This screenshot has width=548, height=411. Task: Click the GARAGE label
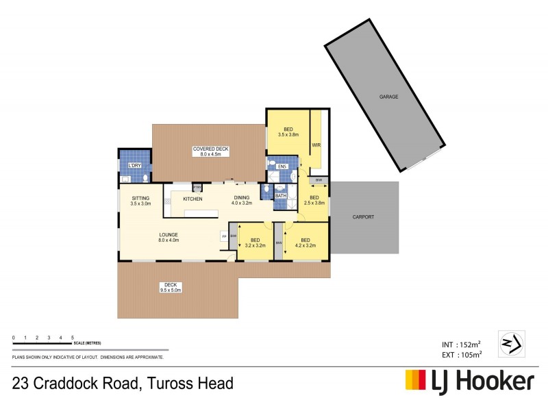(x=388, y=97)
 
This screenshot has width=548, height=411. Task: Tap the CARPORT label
(x=364, y=216)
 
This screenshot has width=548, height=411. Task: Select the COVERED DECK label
(x=210, y=149)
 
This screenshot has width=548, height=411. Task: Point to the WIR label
(x=316, y=145)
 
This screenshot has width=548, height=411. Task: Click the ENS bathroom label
(x=281, y=166)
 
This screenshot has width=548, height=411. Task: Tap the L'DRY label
(x=134, y=166)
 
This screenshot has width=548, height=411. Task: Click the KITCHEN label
(x=192, y=199)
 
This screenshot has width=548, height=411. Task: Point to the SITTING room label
(x=140, y=198)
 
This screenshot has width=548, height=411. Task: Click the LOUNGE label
(x=169, y=235)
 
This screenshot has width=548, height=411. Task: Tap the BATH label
(x=280, y=196)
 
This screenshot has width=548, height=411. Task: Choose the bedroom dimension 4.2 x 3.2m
(x=305, y=245)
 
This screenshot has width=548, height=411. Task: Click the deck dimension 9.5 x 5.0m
(x=170, y=290)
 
